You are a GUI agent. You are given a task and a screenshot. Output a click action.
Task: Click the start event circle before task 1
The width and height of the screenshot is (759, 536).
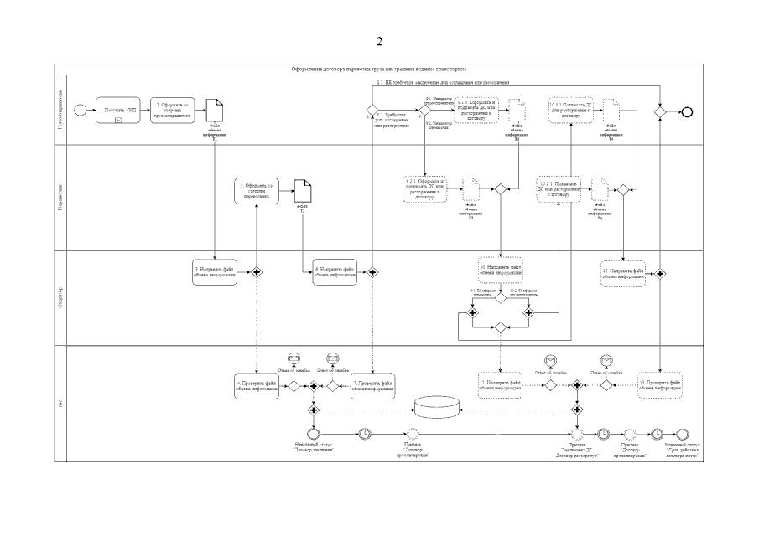(80, 110)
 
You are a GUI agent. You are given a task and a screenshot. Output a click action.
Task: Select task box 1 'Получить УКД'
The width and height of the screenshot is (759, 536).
(118, 110)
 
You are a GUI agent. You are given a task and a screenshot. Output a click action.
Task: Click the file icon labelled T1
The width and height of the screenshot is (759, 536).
(215, 110)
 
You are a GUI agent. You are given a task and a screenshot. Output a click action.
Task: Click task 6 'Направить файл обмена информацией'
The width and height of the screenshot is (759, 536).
(335, 271)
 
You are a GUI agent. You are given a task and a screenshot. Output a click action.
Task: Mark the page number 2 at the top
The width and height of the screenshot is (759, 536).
(379, 41)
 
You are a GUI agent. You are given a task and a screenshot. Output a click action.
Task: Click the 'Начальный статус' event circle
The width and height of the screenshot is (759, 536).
(313, 433)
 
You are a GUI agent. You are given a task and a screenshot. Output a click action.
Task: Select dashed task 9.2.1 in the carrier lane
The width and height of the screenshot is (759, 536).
(428, 189)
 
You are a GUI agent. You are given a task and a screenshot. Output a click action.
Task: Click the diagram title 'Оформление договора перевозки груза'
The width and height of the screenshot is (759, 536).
(379, 69)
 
